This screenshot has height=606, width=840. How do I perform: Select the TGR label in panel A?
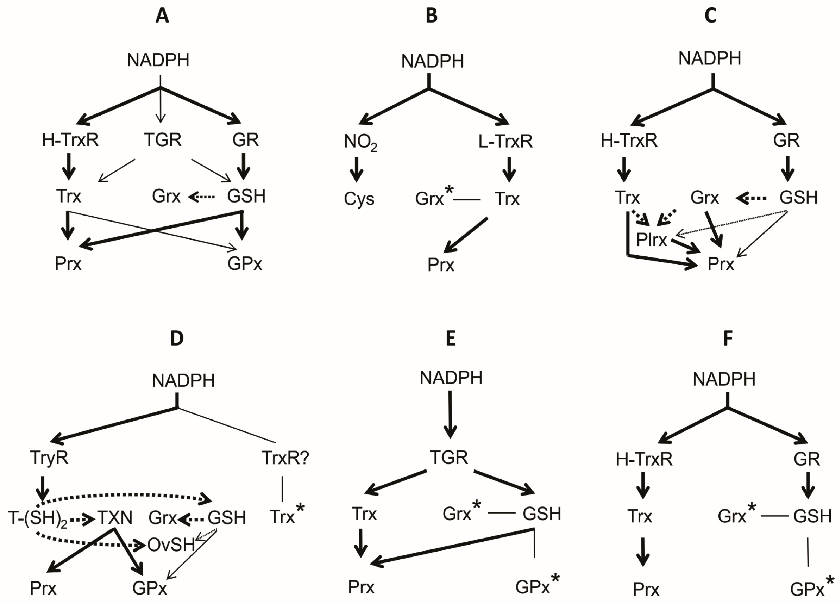click(163, 140)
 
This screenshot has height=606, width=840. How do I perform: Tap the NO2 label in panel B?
click(360, 142)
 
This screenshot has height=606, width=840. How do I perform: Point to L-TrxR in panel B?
click(505, 141)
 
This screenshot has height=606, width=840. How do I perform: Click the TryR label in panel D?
click(49, 458)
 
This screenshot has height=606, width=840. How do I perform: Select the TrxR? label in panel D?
click(285, 458)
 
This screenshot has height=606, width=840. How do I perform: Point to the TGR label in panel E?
click(449, 458)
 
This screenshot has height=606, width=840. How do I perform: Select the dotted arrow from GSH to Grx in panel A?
click(202, 197)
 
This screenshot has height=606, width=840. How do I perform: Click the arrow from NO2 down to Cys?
click(357, 169)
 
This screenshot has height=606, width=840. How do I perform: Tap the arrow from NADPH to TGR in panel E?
click(450, 414)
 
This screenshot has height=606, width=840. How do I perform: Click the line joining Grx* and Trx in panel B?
click(467, 200)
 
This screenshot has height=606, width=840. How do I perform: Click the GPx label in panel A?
click(245, 264)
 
